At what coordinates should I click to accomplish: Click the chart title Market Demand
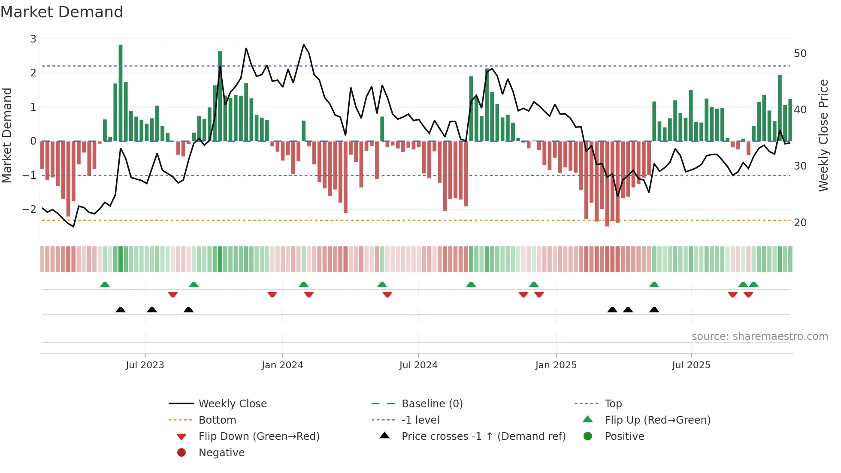(x=62, y=12)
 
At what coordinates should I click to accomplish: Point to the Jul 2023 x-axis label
(x=145, y=365)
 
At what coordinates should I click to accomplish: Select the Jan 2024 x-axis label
(x=282, y=365)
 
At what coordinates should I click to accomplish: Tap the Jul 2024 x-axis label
(x=418, y=365)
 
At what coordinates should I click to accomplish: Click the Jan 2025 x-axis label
(x=556, y=365)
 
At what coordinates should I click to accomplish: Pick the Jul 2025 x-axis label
(x=691, y=365)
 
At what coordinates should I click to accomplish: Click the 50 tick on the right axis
(x=800, y=54)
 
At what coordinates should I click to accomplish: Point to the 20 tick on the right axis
(x=800, y=223)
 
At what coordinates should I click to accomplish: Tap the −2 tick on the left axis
(x=30, y=209)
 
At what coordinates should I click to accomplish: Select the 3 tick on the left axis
(x=33, y=39)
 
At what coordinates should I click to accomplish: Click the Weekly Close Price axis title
(x=823, y=135)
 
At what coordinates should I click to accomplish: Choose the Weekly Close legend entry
(x=233, y=404)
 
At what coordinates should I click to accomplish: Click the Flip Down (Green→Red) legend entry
(x=259, y=437)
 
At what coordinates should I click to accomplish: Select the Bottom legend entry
(x=217, y=420)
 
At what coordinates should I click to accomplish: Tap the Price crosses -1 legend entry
(x=483, y=437)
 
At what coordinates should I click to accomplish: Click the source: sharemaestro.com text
(x=759, y=337)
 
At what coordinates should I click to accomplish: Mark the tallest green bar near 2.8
(x=121, y=92)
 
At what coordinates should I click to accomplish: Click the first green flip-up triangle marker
(x=105, y=285)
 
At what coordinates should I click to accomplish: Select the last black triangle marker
(x=654, y=309)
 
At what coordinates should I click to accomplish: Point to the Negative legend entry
(x=221, y=453)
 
